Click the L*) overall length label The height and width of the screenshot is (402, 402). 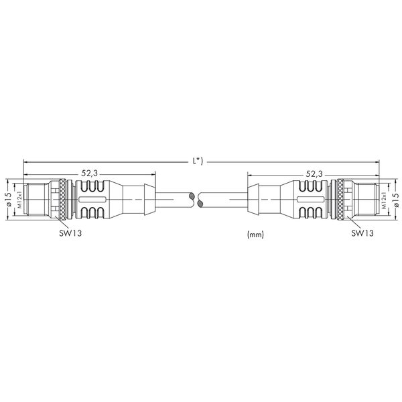[198, 161]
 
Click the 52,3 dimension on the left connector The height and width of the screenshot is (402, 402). [90, 174]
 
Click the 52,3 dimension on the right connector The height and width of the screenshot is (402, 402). [314, 174]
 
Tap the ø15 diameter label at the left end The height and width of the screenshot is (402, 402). [9, 199]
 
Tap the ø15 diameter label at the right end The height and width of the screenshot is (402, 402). [395, 200]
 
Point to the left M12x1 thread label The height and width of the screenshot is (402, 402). [20, 199]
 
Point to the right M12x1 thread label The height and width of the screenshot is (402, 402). [384, 200]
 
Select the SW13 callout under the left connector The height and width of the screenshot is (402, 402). [70, 232]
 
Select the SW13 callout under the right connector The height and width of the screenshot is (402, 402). [362, 232]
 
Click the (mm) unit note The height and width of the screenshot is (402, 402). [255, 234]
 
